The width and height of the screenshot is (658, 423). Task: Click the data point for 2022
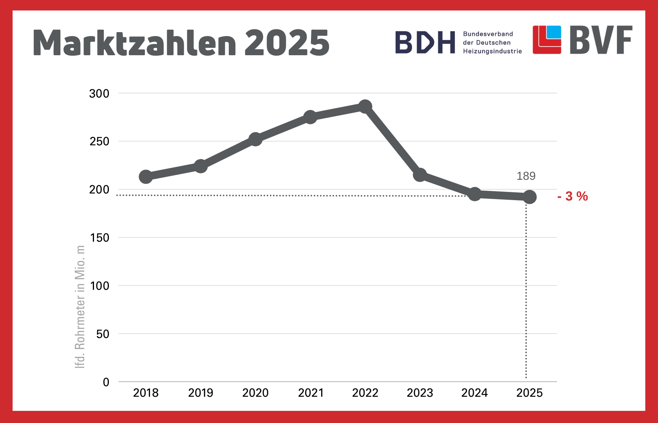tap(365, 107)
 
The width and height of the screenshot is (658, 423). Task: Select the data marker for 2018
tap(146, 177)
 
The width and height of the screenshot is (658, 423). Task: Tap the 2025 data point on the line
tap(530, 197)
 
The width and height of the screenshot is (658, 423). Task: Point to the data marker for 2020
tap(255, 139)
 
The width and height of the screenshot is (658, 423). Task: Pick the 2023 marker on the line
tap(420, 175)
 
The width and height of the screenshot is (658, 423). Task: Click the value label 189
tap(526, 176)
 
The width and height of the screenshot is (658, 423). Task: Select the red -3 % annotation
tap(573, 196)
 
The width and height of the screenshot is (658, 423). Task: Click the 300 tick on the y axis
tap(99, 94)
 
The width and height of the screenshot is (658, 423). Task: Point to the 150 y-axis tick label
tap(99, 238)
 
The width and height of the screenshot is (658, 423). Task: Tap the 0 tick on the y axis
tap(106, 382)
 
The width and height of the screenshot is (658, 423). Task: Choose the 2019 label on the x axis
tap(201, 393)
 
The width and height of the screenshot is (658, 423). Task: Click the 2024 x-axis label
tap(474, 393)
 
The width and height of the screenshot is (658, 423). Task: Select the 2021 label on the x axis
tap(311, 393)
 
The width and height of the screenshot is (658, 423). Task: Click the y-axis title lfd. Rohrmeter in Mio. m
tap(80, 307)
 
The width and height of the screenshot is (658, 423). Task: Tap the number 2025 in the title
tap(287, 43)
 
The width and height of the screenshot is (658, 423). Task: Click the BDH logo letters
tap(425, 42)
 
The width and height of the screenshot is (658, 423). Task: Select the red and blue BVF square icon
tap(547, 40)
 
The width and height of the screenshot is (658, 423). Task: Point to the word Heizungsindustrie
tap(492, 51)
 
